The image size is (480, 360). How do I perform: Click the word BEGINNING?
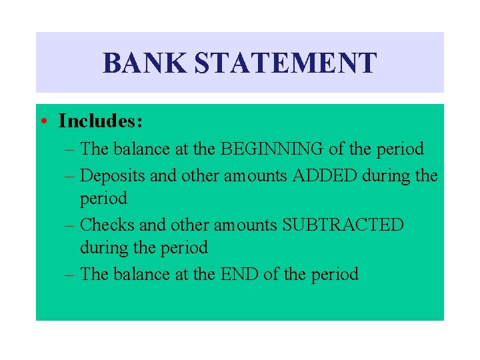click(x=273, y=148)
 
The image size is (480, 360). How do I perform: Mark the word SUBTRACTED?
click(x=343, y=225)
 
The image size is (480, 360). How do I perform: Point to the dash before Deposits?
click(x=70, y=175)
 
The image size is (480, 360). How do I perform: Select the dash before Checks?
click(x=70, y=225)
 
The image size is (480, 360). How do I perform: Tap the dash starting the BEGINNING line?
click(x=70, y=149)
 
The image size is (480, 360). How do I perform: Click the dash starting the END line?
click(x=70, y=275)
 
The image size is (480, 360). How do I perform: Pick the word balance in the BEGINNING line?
click(x=137, y=148)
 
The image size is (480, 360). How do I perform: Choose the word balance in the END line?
click(x=137, y=274)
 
